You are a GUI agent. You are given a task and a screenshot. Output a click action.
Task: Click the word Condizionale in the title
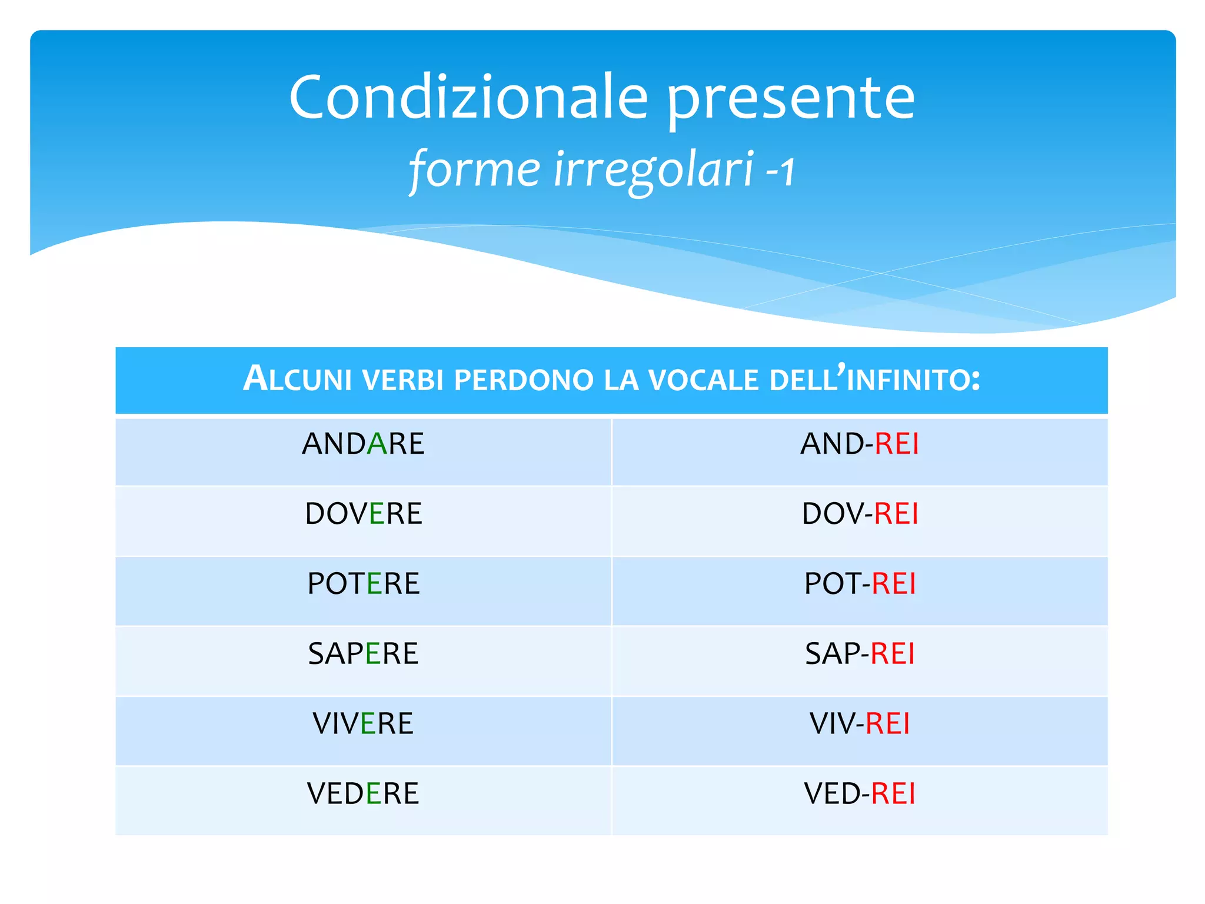click(x=468, y=98)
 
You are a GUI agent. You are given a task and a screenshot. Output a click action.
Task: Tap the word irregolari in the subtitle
click(x=654, y=169)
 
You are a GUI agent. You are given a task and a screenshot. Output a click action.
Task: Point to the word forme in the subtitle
click(x=474, y=169)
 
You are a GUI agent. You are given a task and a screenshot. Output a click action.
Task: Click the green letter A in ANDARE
click(x=377, y=444)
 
